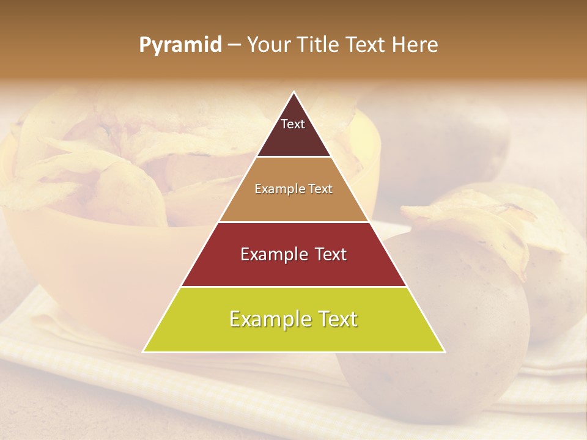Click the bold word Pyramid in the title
click(180, 45)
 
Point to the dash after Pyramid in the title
click(234, 45)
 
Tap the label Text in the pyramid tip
click(293, 124)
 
